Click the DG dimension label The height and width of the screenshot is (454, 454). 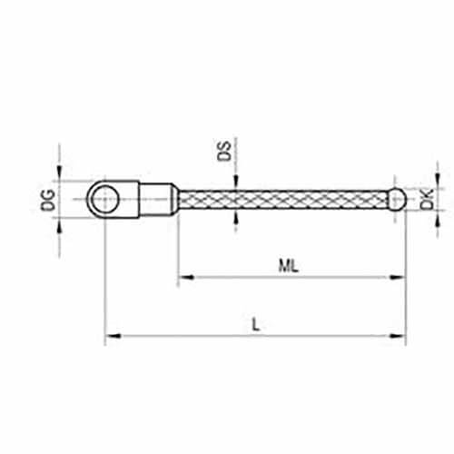[x=48, y=200]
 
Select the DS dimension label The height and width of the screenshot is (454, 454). [x=224, y=151]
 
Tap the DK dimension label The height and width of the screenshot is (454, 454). [x=427, y=199]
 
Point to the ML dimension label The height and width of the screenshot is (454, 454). [x=289, y=266]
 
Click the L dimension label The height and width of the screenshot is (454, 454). [x=256, y=325]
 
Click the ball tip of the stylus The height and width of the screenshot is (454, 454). [x=397, y=199]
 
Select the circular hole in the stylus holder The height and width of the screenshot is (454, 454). [x=104, y=199]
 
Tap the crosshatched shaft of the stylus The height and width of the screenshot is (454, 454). [x=283, y=199]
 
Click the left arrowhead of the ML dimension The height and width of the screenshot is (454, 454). [x=185, y=277]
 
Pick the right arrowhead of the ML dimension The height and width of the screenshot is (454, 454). [x=398, y=277]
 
